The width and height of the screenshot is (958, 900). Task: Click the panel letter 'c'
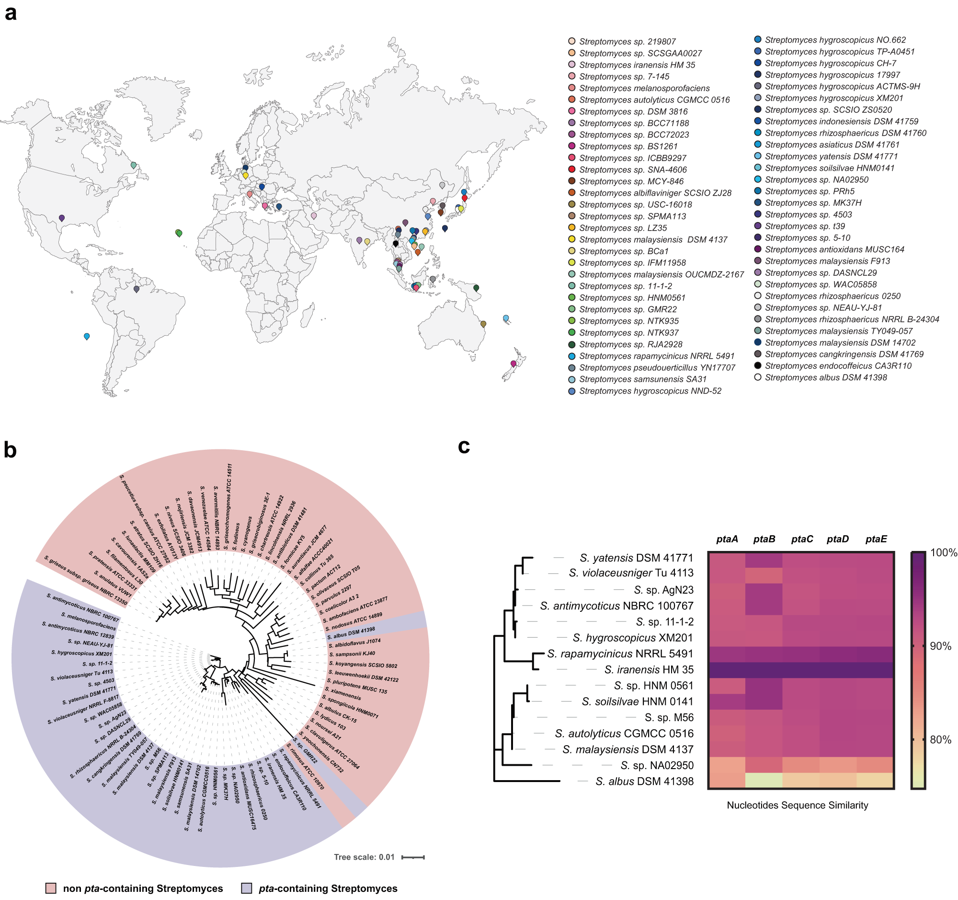[x=464, y=446]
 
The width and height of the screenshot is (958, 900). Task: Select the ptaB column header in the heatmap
[x=764, y=539]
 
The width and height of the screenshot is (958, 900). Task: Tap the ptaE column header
[x=876, y=539]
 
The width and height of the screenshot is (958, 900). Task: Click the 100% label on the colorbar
[x=943, y=553]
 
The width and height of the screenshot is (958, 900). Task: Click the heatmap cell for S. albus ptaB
[x=764, y=781]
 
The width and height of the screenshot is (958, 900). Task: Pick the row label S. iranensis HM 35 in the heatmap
[x=649, y=669]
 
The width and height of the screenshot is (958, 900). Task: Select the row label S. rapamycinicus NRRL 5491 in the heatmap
[x=620, y=654]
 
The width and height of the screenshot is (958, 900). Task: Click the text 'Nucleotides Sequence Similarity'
[x=797, y=805]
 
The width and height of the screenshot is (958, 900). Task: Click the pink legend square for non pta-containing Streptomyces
[x=51, y=888]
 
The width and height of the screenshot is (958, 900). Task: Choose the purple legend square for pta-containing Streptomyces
[x=246, y=888]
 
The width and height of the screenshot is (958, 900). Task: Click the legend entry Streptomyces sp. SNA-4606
[x=632, y=170]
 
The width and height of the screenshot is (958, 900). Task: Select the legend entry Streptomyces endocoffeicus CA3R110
[x=837, y=365]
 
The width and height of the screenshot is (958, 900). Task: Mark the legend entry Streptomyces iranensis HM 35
[x=636, y=65]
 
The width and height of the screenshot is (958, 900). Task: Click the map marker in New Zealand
[x=513, y=363]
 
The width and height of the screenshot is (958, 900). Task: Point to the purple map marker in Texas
[x=62, y=218]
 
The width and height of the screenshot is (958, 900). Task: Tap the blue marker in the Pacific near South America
[x=87, y=336]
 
